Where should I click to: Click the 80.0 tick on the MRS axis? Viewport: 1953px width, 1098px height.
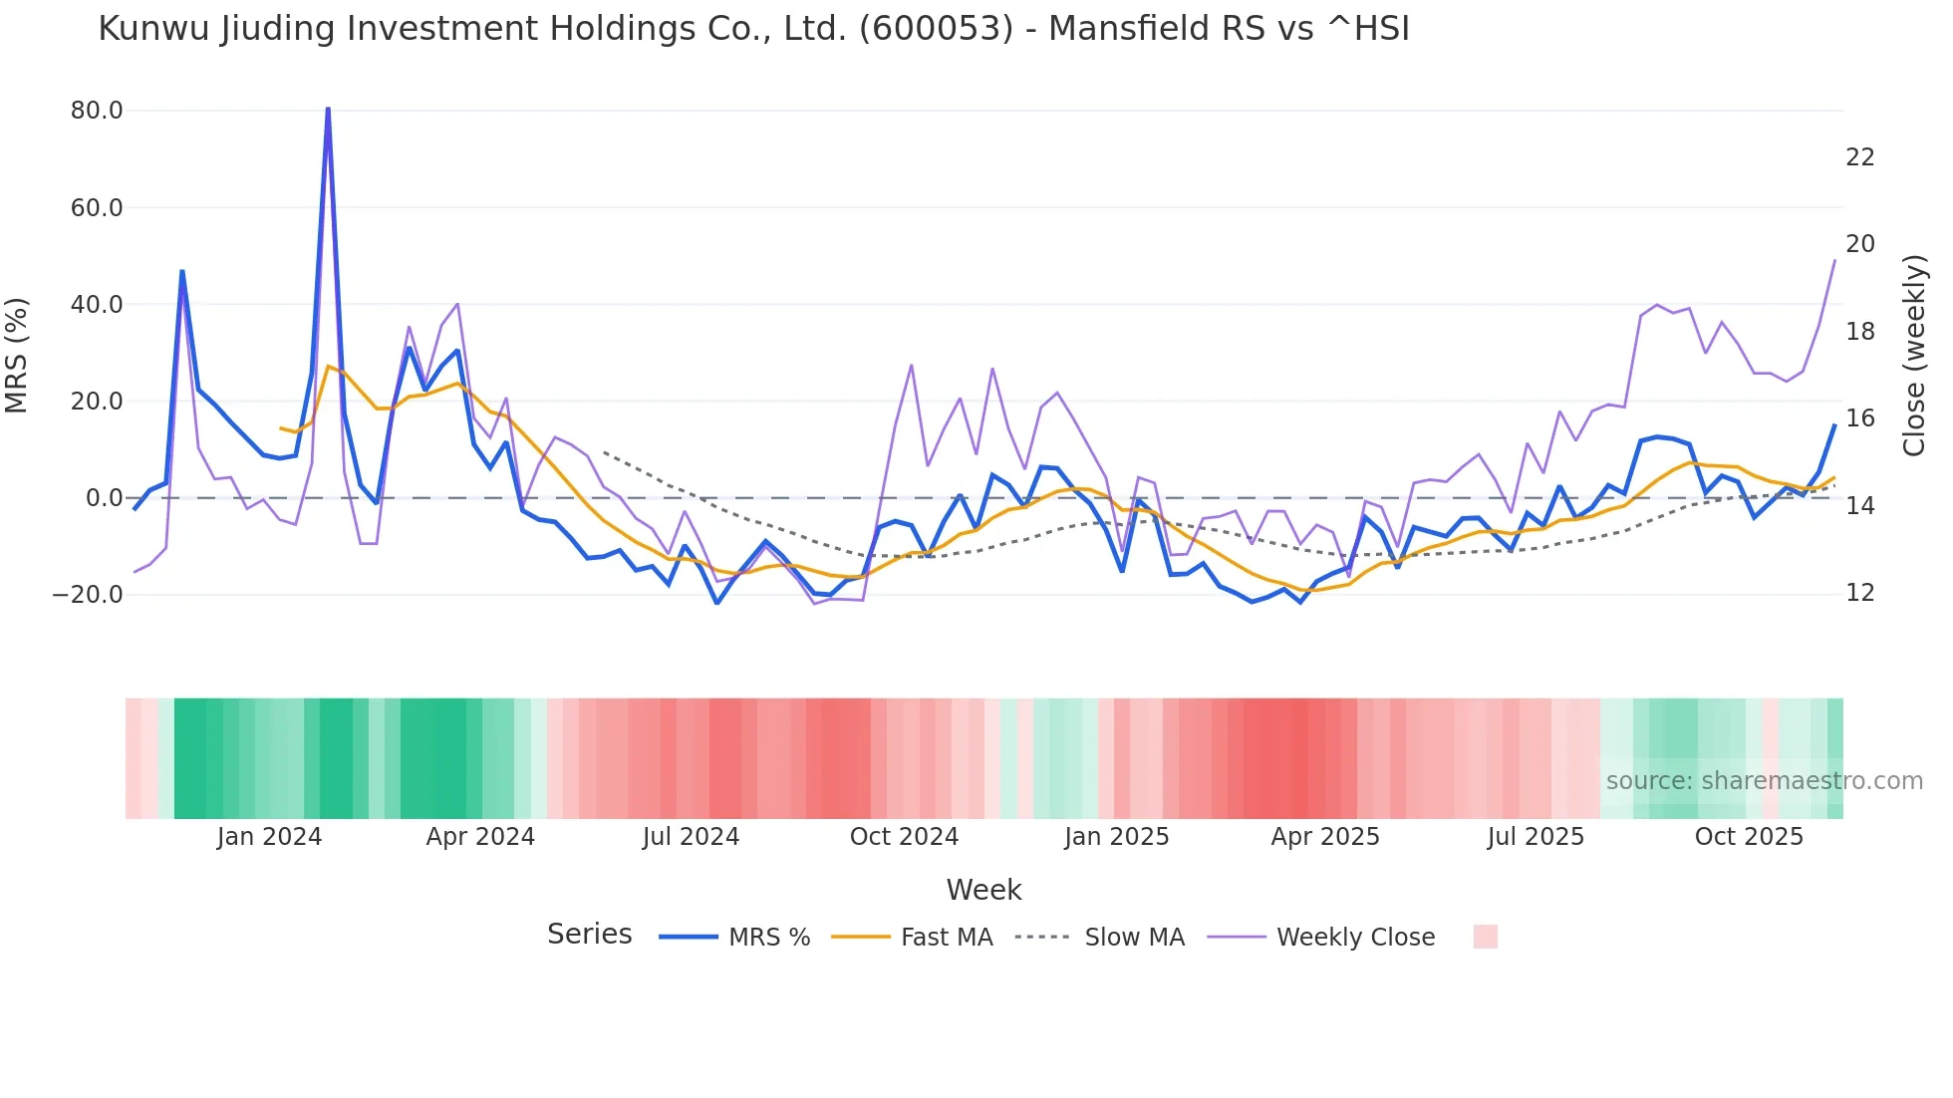point(97,111)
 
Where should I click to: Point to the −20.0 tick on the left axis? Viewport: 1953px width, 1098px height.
point(88,595)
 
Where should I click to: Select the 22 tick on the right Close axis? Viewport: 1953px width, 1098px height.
point(1859,157)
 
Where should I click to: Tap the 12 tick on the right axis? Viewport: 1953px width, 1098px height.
point(1859,593)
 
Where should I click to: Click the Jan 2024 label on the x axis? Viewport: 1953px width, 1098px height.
point(269,837)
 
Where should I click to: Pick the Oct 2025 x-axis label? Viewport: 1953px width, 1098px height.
point(1749,837)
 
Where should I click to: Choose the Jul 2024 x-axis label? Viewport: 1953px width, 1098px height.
point(691,837)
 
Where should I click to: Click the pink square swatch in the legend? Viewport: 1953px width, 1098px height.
point(1485,937)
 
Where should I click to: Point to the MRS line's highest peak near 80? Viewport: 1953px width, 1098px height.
point(328,109)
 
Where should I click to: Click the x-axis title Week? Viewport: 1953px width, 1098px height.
point(983,890)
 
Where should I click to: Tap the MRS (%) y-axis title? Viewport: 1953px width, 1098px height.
point(17,356)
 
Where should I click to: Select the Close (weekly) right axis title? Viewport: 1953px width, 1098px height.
point(1914,356)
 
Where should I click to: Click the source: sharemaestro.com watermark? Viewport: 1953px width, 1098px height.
point(1764,781)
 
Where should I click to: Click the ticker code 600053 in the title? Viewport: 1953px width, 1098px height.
point(936,29)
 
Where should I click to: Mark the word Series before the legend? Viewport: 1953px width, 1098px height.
point(589,935)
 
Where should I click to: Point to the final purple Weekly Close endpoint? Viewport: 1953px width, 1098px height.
point(1834,261)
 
